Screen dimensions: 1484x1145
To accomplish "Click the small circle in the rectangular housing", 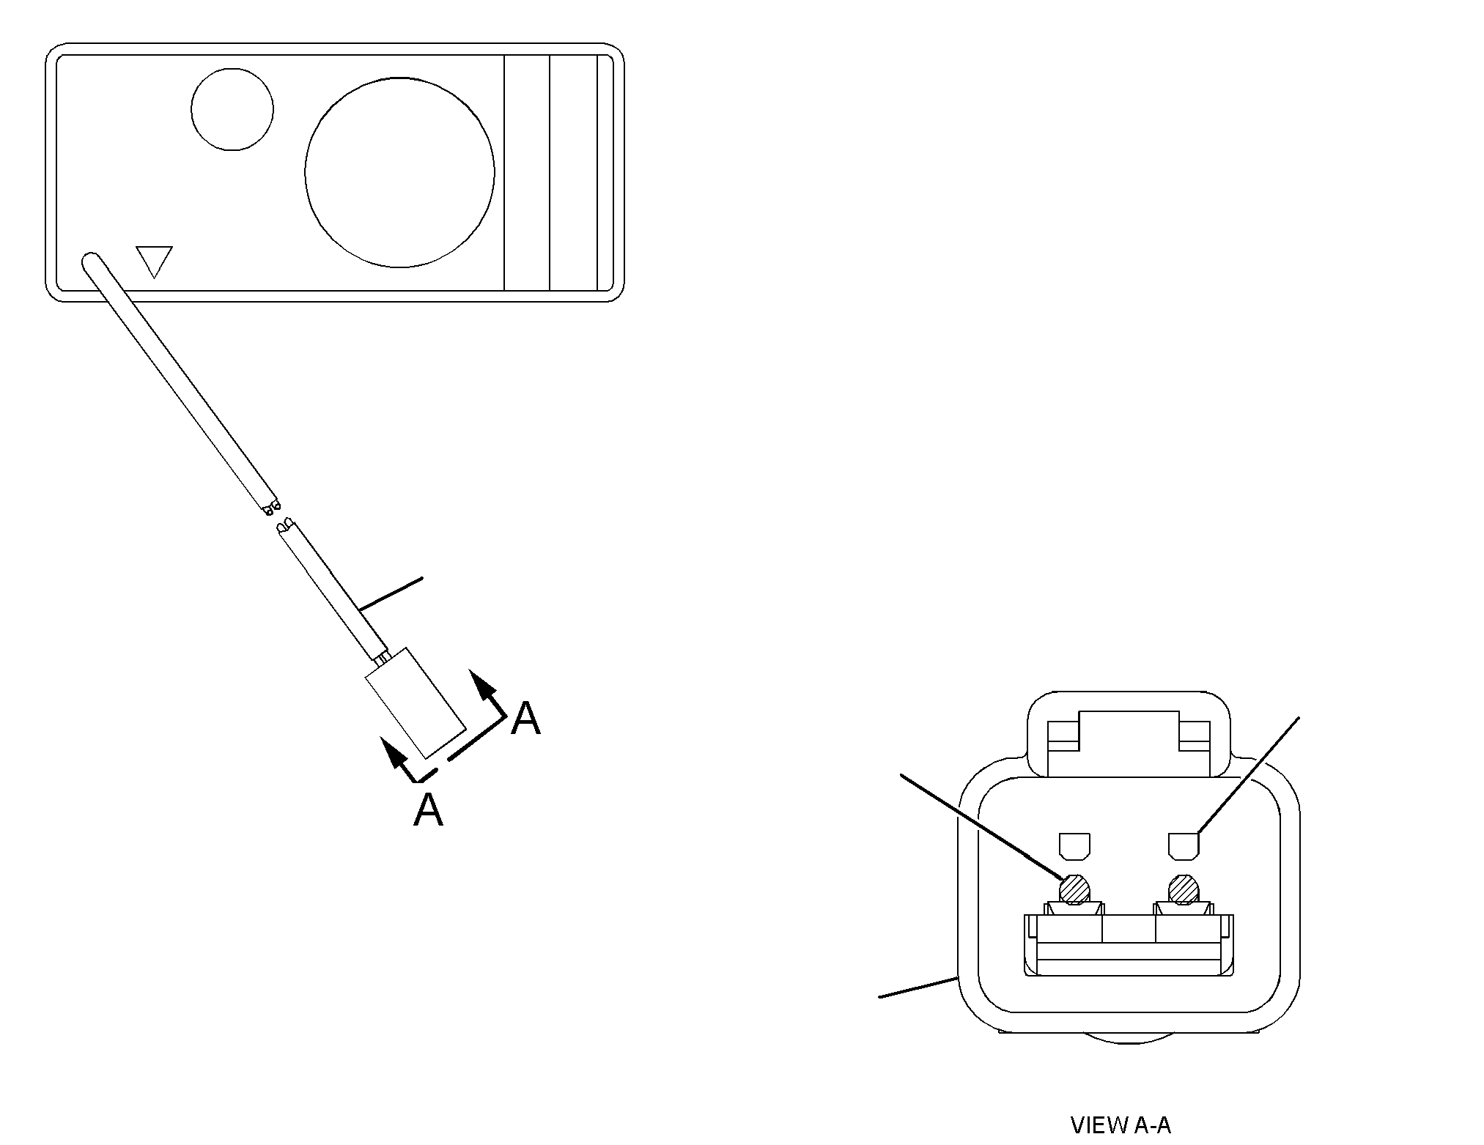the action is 232,110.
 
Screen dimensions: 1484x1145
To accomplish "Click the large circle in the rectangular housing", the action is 400,173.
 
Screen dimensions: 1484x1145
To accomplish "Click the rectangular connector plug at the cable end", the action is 416,703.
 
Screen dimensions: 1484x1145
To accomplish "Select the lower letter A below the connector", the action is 428,809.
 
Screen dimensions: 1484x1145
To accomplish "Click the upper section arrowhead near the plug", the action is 481,684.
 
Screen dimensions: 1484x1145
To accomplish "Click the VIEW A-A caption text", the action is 1121,1124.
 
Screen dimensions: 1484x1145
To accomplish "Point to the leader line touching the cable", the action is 391,593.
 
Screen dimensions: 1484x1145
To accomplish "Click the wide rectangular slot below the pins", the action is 1129,945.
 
